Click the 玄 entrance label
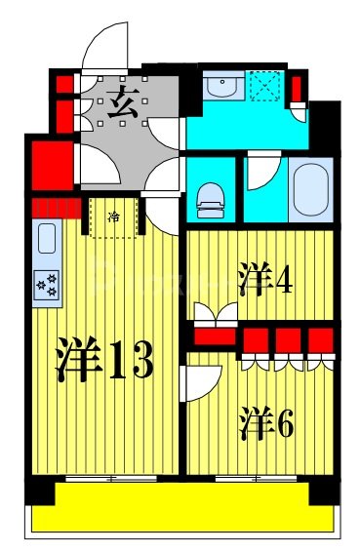(123, 101)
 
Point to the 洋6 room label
(265, 423)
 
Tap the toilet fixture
(211, 201)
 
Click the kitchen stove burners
(46, 284)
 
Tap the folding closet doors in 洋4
(215, 314)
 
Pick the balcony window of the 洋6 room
(256, 480)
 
